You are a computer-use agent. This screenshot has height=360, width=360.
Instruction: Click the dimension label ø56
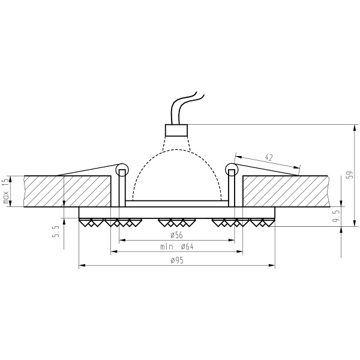click(177, 235)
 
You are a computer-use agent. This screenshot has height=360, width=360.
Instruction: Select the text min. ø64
click(177, 247)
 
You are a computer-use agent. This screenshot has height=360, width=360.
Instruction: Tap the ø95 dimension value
click(177, 260)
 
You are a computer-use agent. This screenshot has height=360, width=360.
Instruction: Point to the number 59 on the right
click(349, 175)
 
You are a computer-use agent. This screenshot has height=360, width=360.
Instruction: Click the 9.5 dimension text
click(337, 217)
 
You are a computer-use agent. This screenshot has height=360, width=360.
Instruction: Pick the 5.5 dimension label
click(56, 231)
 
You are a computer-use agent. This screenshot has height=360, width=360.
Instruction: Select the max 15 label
click(6, 191)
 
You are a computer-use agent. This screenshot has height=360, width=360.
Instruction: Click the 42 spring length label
click(269, 157)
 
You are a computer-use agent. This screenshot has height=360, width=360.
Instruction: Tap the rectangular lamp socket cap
click(176, 130)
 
